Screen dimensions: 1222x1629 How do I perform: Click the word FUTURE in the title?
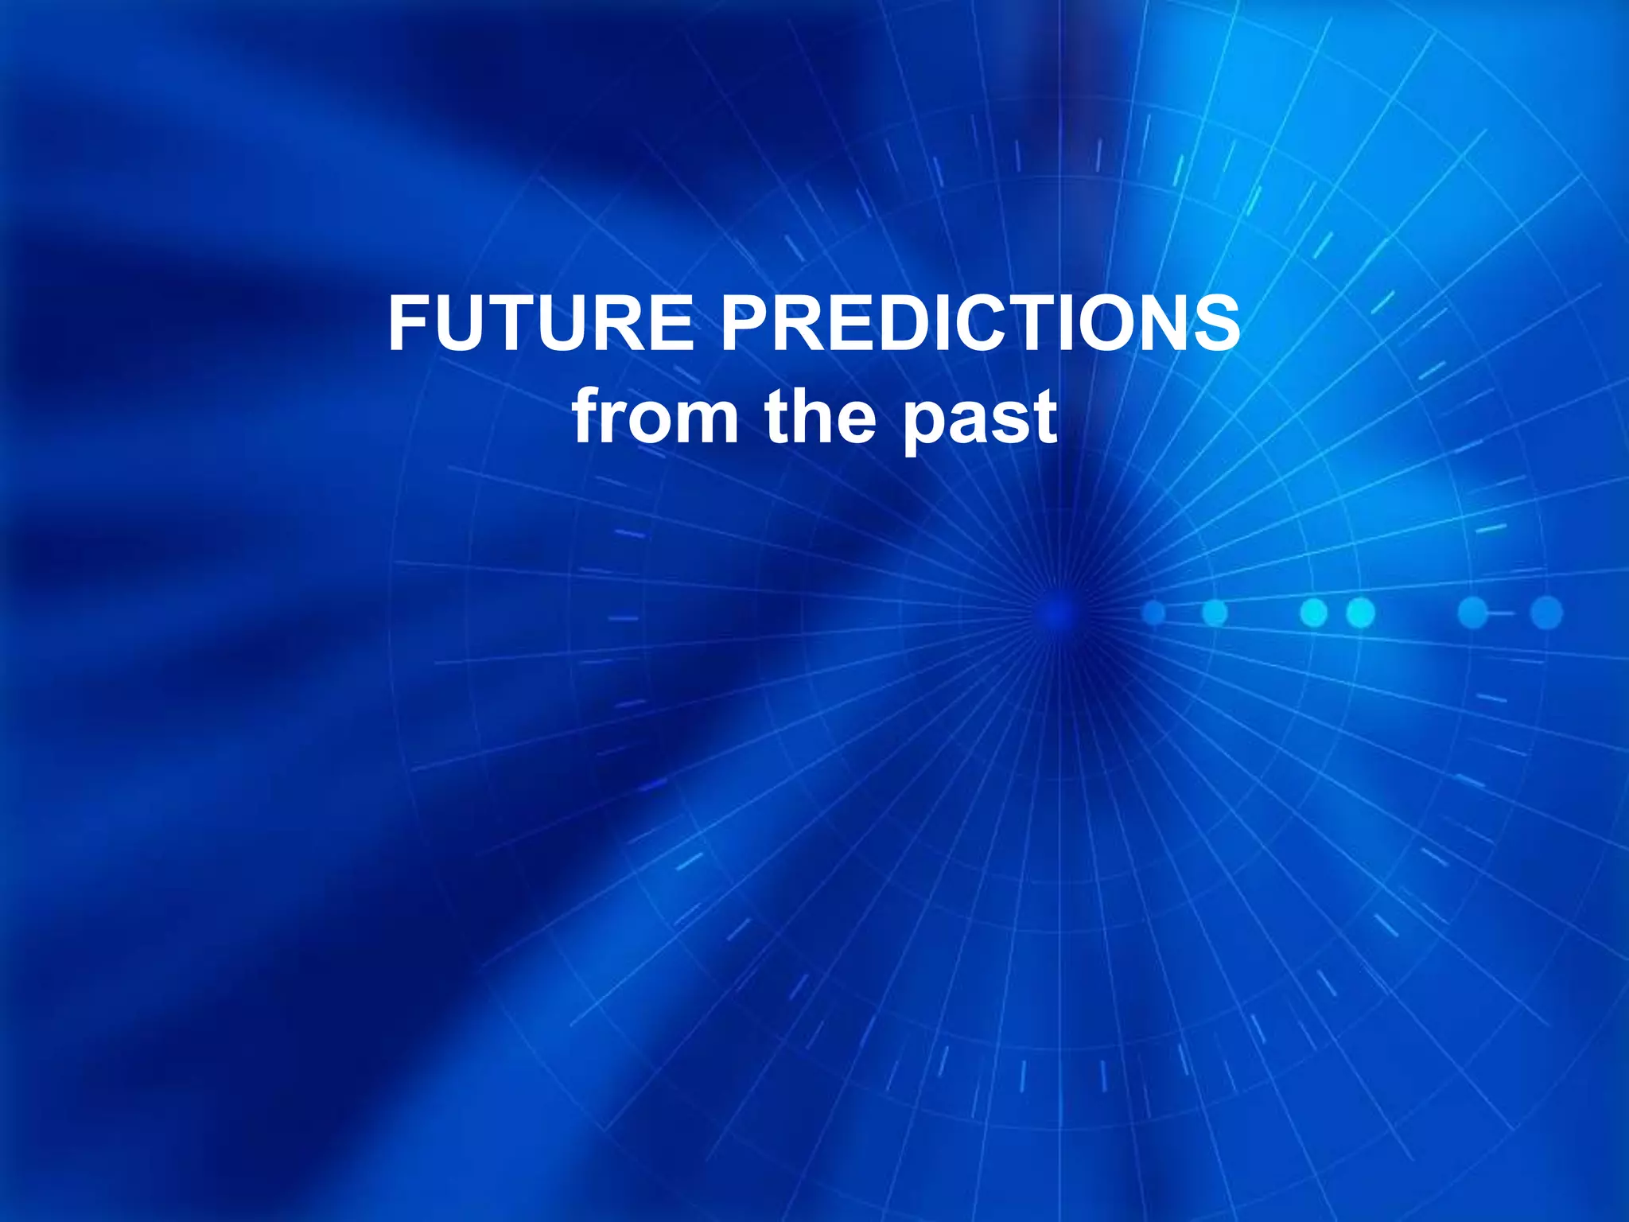[x=541, y=324]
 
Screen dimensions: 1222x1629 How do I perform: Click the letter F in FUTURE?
[x=408, y=324]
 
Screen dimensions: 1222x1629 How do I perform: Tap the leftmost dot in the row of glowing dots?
[x=1153, y=613]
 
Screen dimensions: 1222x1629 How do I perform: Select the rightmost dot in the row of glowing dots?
[x=1546, y=613]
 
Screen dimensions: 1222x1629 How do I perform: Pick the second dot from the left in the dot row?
[x=1215, y=613]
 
